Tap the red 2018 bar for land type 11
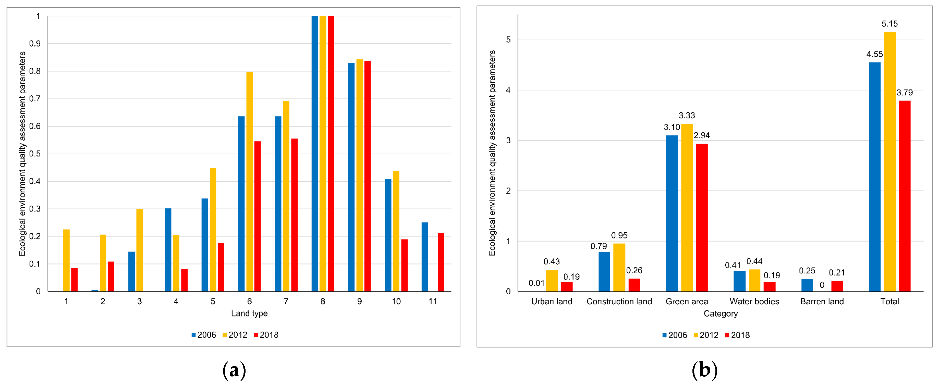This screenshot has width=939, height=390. coord(441,262)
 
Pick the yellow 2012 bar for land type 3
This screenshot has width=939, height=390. coord(139,250)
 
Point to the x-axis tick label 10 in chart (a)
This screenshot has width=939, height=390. coord(396,301)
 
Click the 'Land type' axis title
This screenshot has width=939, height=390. coord(249,313)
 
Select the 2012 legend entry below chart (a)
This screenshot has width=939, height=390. coord(235,335)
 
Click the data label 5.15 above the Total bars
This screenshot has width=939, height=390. coord(889,24)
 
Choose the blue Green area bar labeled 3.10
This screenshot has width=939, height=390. coord(672,213)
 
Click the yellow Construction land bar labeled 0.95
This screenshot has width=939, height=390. coord(619,267)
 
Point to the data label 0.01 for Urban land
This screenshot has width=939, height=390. coord(536,283)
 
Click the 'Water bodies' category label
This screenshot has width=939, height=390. coord(754,301)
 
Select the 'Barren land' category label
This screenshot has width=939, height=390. coord(822,301)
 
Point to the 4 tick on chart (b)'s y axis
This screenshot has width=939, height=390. coord(508,90)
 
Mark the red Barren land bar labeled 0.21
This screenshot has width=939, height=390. coord(837,286)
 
